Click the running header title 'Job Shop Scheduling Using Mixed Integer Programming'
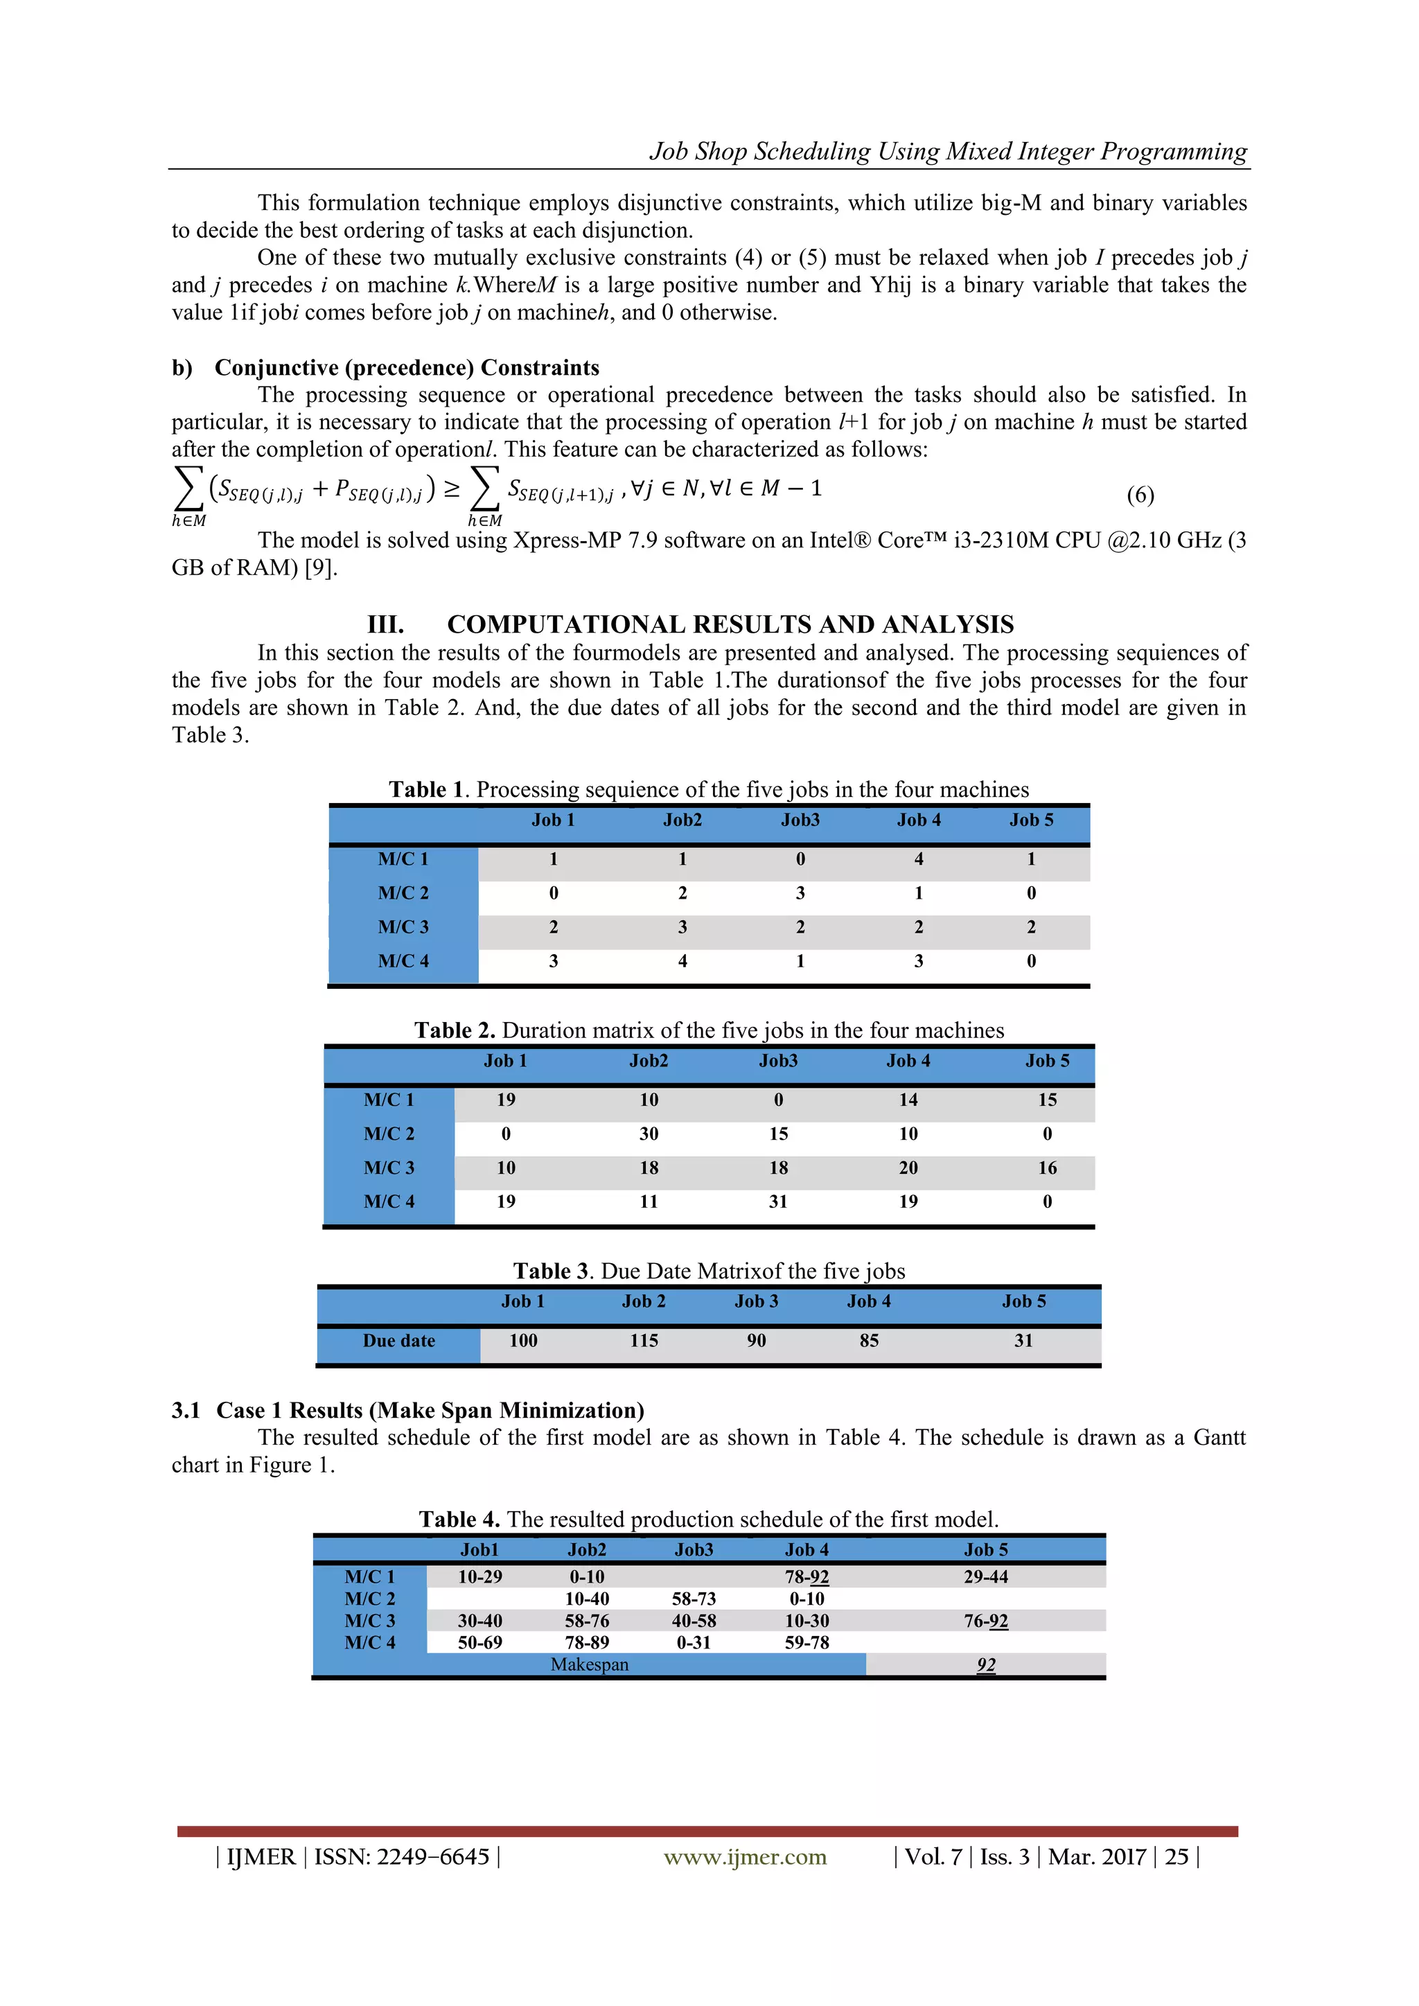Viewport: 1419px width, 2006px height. [x=947, y=151]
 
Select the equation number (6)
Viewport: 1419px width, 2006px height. [x=1139, y=495]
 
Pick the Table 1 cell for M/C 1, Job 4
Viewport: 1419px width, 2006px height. [x=918, y=859]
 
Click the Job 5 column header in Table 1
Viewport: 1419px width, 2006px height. [x=1031, y=820]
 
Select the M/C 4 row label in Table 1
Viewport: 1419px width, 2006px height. [x=403, y=961]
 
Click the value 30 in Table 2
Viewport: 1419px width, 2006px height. [x=649, y=1134]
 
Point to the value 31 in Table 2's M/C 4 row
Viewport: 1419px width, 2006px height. [x=777, y=1202]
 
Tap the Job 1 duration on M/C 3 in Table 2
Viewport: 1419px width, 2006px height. [x=506, y=1168]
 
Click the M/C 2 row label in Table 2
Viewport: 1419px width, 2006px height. [x=389, y=1134]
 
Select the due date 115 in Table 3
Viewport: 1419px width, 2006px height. [x=644, y=1340]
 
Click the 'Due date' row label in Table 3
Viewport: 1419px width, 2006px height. [x=398, y=1340]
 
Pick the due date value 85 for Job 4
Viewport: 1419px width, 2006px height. [x=869, y=1340]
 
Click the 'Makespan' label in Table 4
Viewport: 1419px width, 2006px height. [x=589, y=1664]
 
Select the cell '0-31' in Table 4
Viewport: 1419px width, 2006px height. [x=694, y=1642]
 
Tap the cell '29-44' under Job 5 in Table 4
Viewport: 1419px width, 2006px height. [x=986, y=1577]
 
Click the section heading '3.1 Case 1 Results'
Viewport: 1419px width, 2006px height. [x=407, y=1410]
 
